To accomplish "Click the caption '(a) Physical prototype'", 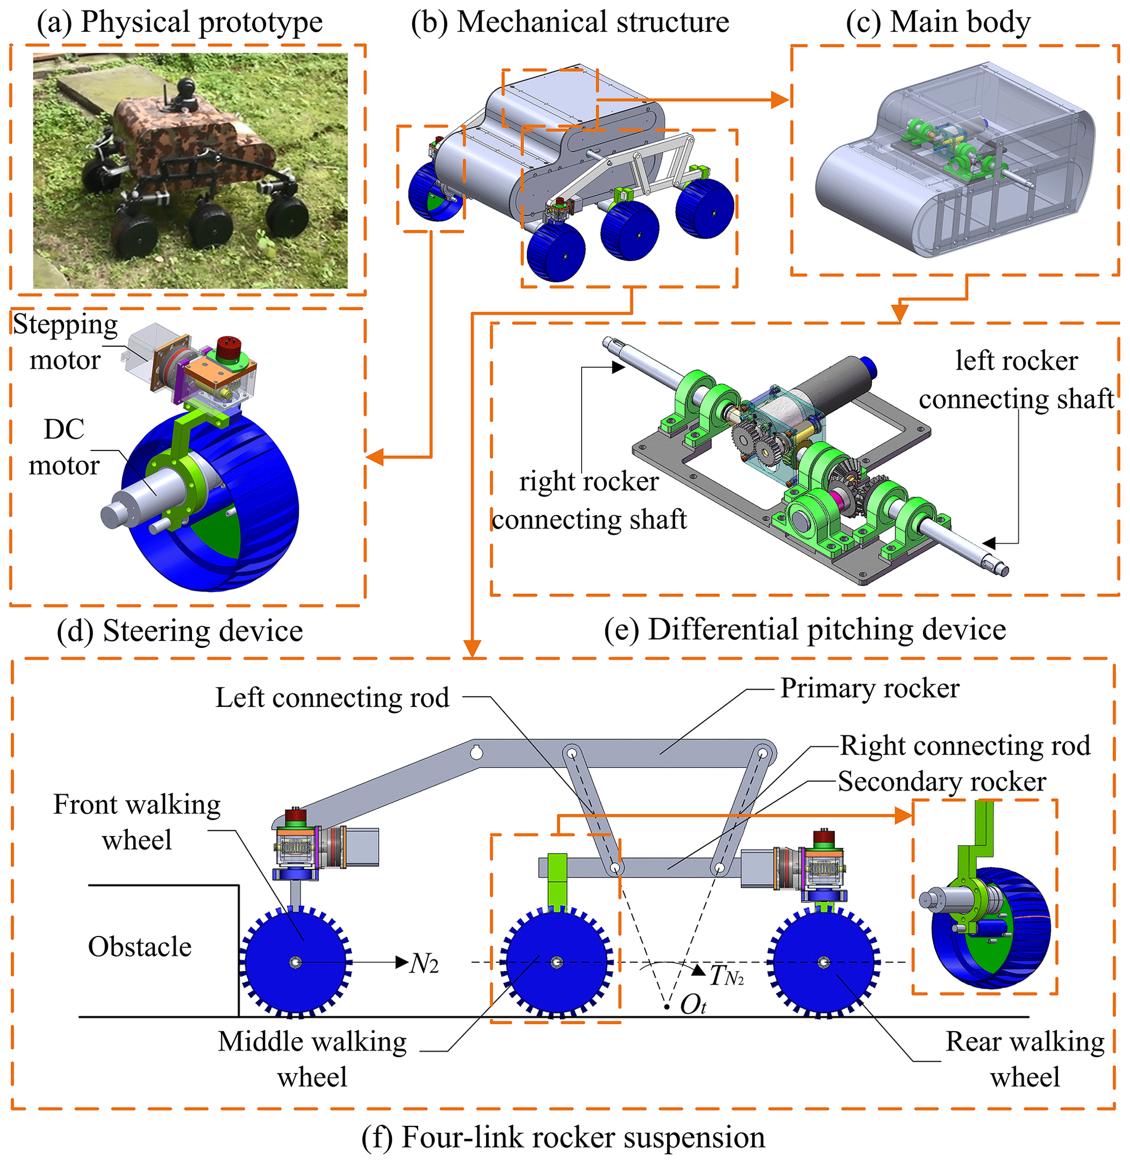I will point(179,22).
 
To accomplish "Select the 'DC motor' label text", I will point(64,447).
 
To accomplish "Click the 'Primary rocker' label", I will point(869,689).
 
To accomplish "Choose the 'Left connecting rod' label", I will point(332,698).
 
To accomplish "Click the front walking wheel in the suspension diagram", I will point(296,962).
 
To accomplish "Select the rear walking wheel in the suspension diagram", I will point(824,962).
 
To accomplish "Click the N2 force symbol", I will point(424,964).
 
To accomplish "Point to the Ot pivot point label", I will point(692,1005).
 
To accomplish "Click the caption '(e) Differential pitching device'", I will point(805,629).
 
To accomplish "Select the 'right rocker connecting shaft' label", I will point(589,501).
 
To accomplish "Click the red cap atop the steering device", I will point(228,349).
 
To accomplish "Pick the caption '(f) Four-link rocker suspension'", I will point(563,1138).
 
